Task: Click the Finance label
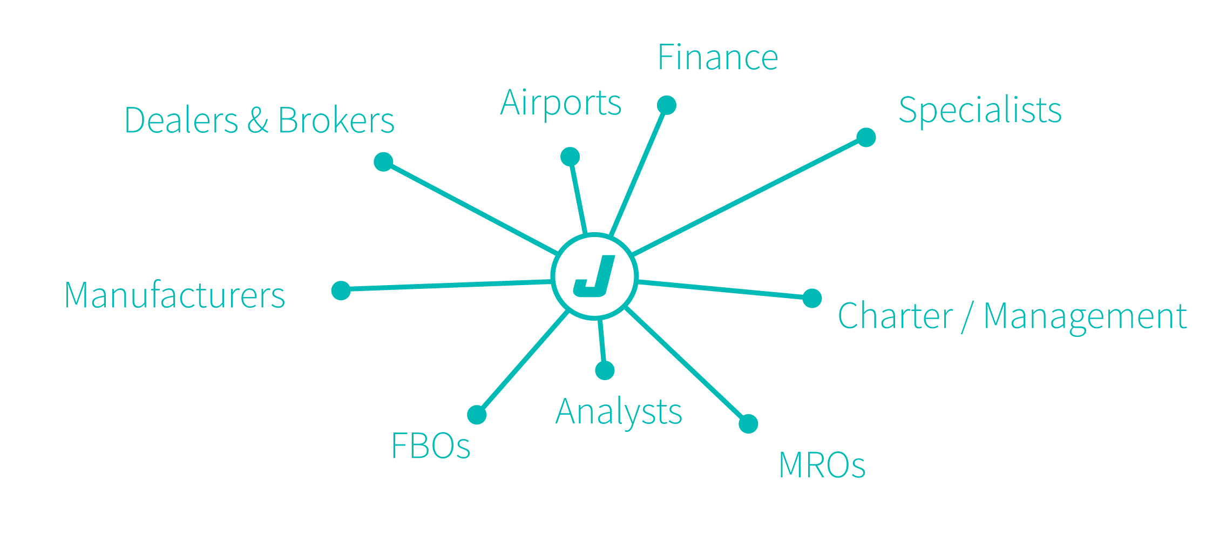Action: pos(717,58)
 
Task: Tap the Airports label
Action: pos(561,103)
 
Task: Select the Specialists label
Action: pos(980,110)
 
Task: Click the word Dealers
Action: pos(181,120)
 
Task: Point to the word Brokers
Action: pos(336,120)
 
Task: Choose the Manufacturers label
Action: pos(174,295)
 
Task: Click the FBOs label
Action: pos(430,446)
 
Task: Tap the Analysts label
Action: pos(619,413)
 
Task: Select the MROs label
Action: pos(822,465)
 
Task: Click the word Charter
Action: pos(895,316)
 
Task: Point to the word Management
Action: pos(1085,317)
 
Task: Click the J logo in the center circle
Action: pos(594,276)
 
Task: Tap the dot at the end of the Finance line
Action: pos(667,105)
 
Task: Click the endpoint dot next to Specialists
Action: pos(866,137)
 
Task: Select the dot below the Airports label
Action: pos(570,157)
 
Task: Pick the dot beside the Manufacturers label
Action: pos(341,290)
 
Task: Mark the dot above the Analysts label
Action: pos(605,370)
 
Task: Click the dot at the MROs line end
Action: pos(748,424)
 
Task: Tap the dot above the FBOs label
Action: pos(477,415)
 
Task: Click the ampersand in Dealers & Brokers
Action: pos(258,120)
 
